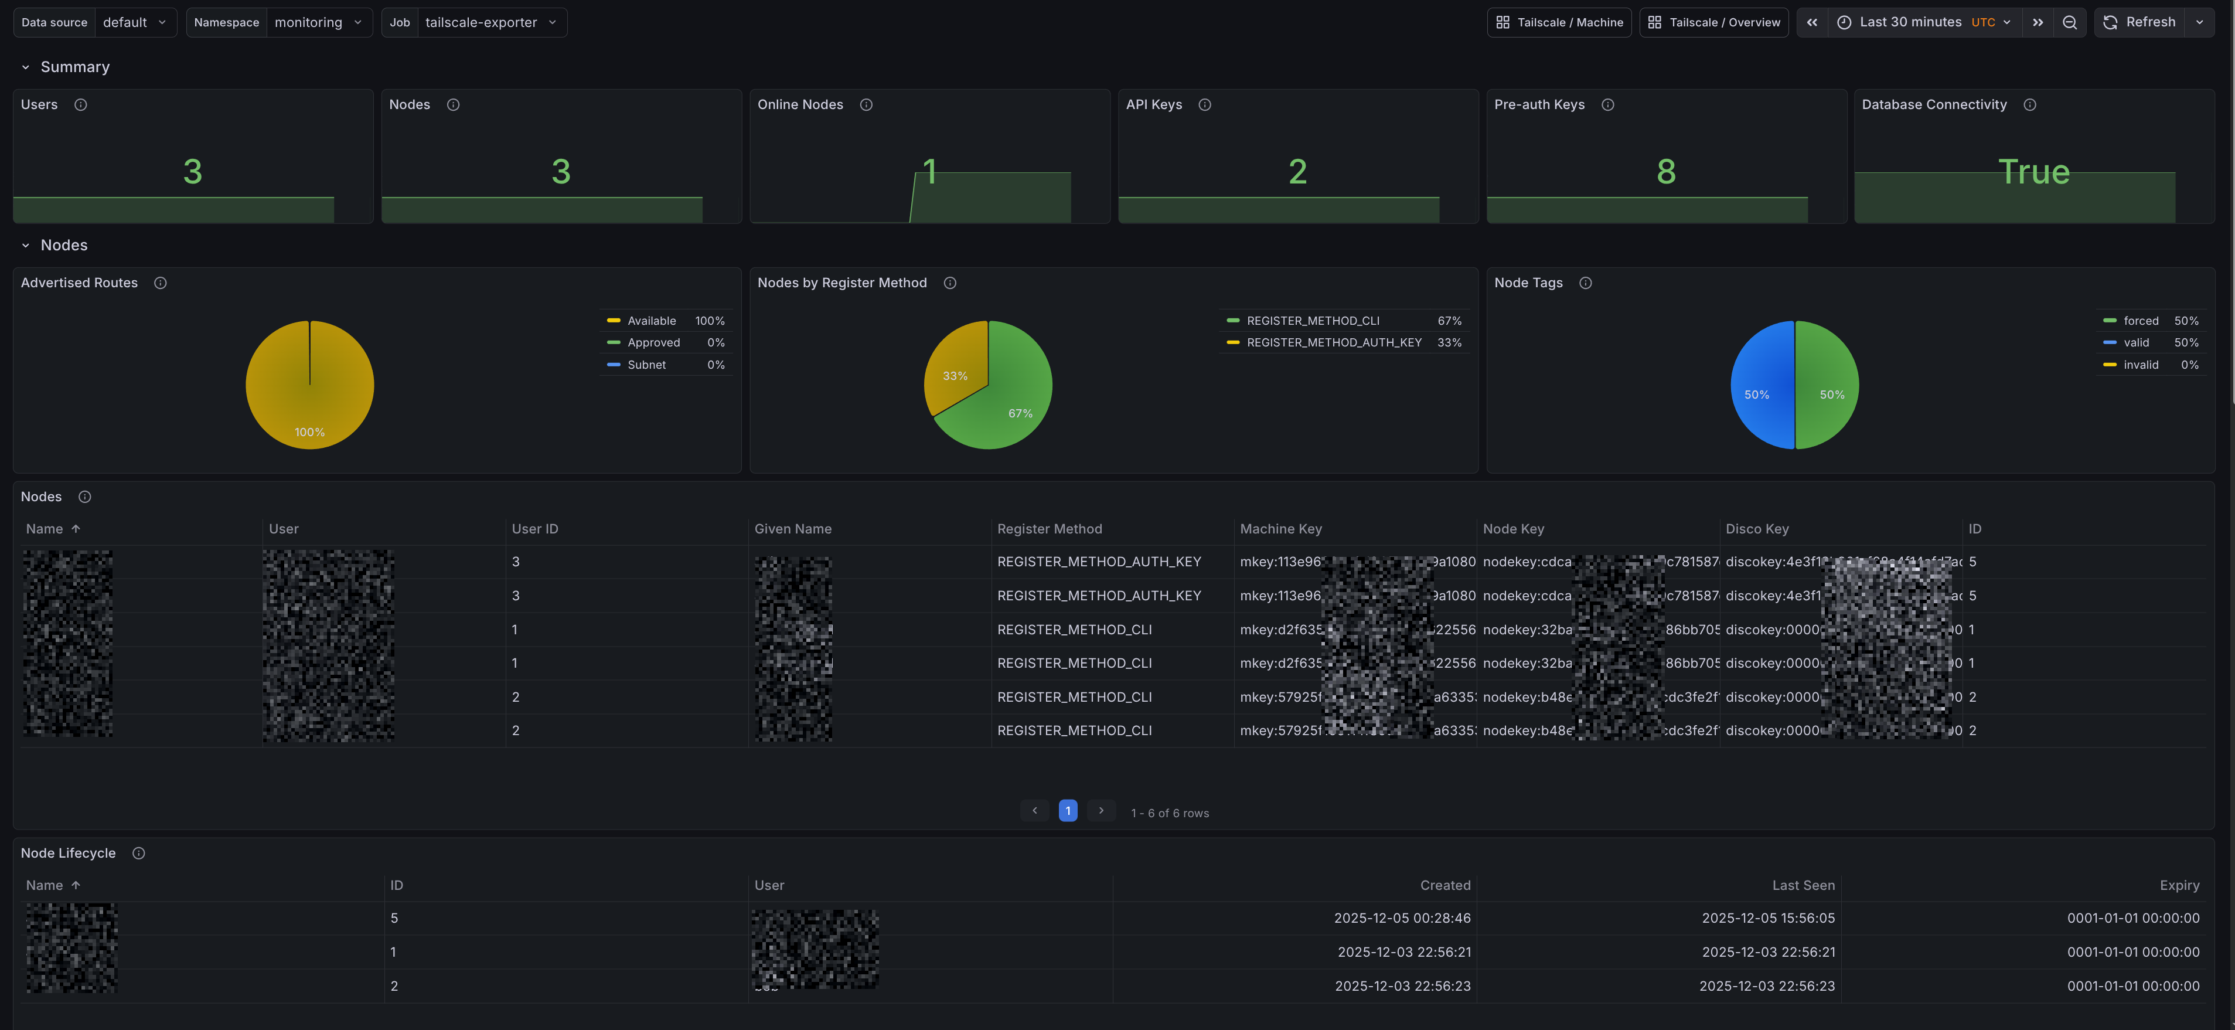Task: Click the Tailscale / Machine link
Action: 1559,22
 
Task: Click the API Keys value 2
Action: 1297,172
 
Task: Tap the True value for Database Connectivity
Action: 2034,172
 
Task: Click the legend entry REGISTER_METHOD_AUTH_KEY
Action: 1334,343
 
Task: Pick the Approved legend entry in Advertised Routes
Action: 653,343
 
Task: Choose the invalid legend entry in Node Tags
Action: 2141,365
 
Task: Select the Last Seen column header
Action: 1803,886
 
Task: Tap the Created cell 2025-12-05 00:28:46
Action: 1402,918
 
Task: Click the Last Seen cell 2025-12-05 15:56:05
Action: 1768,918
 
